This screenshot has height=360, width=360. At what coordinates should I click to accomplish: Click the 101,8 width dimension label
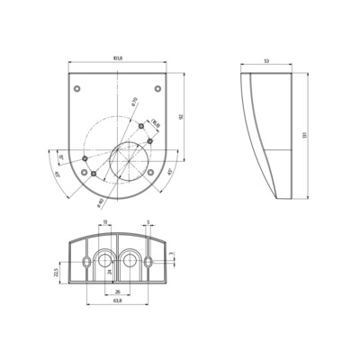(x=118, y=60)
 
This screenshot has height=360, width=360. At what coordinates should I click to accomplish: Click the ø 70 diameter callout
(x=134, y=102)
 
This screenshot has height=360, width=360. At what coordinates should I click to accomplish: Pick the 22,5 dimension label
(x=55, y=272)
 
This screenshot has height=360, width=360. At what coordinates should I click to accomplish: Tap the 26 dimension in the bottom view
(x=118, y=291)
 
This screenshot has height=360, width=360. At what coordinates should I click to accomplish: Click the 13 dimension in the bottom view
(x=103, y=221)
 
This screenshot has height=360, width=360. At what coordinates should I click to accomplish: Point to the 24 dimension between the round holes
(x=111, y=270)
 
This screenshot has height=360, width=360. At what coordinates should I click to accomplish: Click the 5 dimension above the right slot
(x=147, y=221)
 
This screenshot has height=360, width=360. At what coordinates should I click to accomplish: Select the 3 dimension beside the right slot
(x=172, y=254)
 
